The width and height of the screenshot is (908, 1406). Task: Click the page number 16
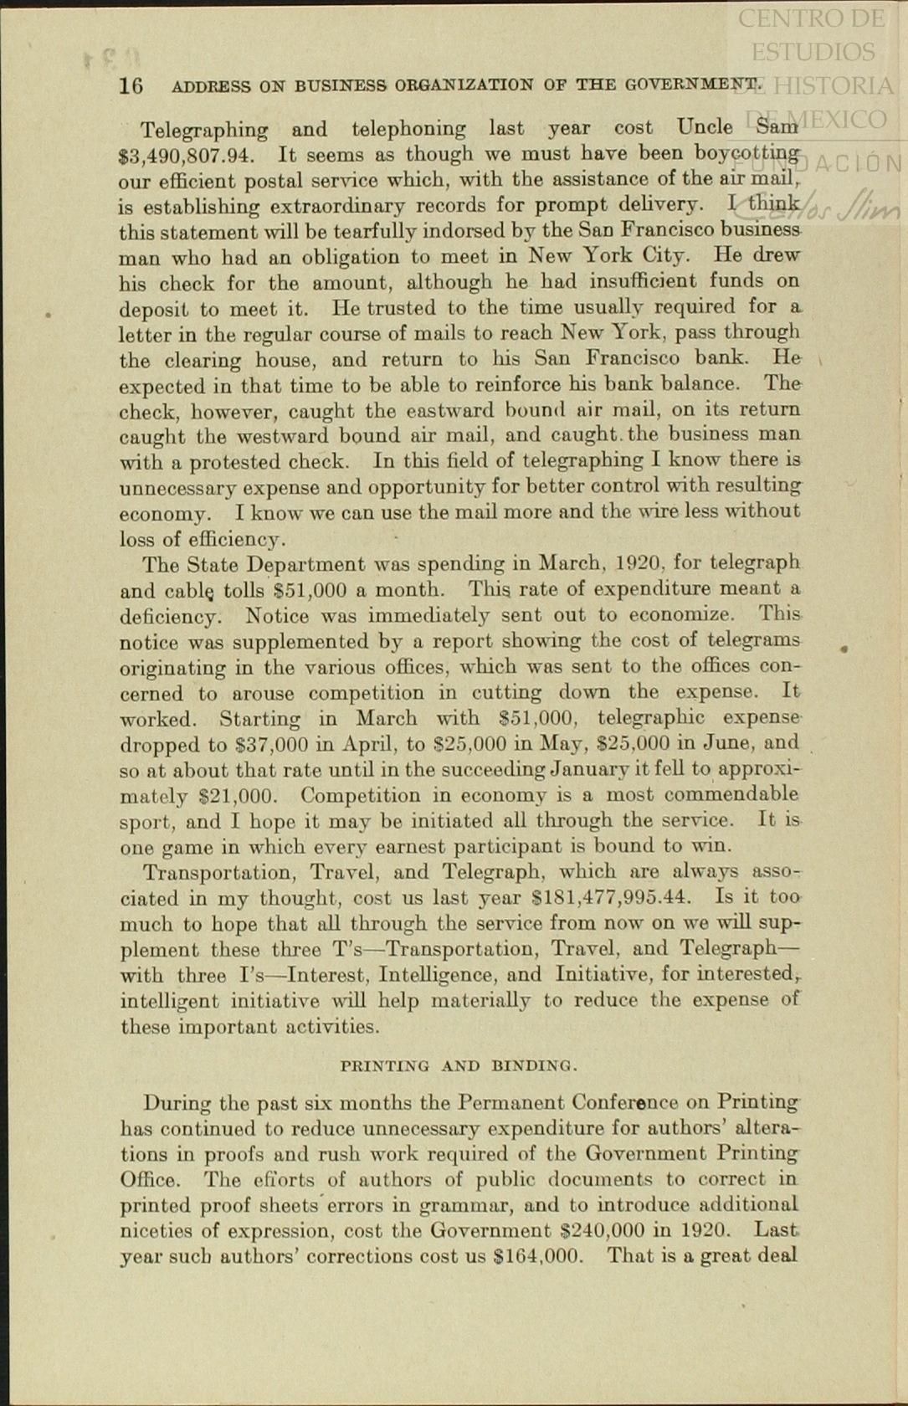coord(131,85)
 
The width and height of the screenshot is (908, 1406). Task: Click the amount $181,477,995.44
coord(612,897)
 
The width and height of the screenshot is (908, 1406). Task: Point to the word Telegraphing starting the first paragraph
coord(204,130)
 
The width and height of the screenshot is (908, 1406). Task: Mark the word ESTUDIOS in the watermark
coord(812,52)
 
